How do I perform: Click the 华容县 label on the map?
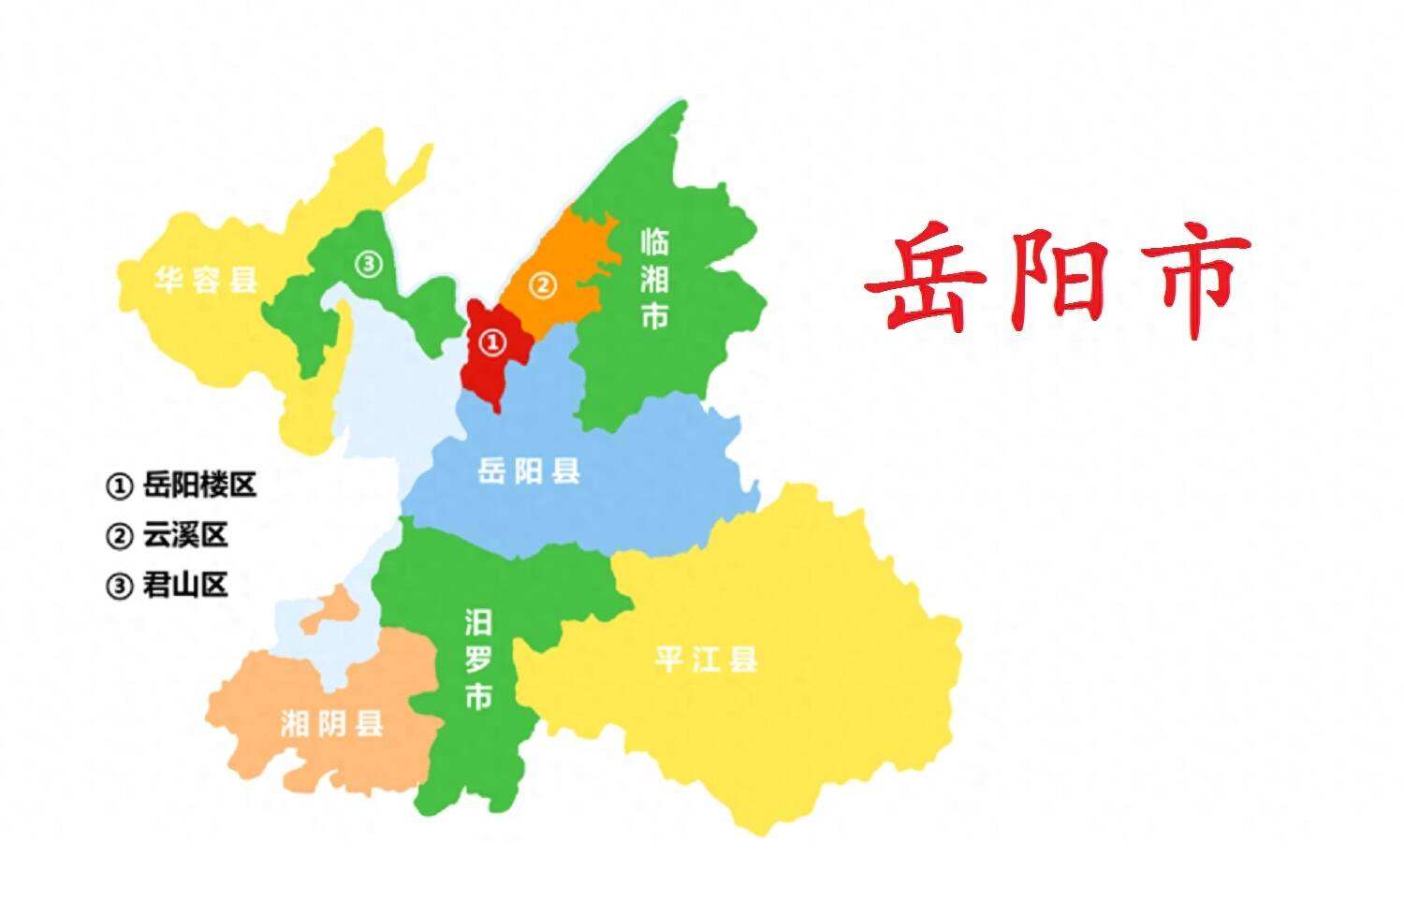click(x=206, y=279)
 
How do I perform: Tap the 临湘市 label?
click(x=654, y=279)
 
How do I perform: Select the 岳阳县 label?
click(x=529, y=471)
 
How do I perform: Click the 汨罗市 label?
click(x=478, y=660)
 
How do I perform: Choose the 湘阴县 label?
click(x=331, y=722)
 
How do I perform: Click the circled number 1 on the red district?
click(x=493, y=343)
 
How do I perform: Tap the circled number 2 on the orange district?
click(x=543, y=284)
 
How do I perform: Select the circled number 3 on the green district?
click(x=369, y=265)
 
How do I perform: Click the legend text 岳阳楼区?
click(x=199, y=485)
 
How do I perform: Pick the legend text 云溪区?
click(x=185, y=535)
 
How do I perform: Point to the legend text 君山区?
click(x=185, y=586)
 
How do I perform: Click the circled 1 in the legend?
click(x=119, y=486)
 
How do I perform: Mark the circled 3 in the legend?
click(x=119, y=587)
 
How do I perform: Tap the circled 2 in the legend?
click(x=119, y=537)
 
